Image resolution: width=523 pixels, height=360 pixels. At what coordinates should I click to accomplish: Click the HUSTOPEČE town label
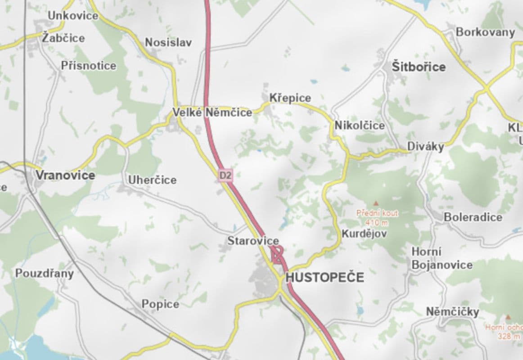[x=325, y=277]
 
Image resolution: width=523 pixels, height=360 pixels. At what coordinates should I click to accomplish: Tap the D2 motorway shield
[x=225, y=175]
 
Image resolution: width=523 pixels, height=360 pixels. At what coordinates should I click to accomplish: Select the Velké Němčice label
[x=213, y=112]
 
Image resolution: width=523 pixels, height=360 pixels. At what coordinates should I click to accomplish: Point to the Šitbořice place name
[x=419, y=67]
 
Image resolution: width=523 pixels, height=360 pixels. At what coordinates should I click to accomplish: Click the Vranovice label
[x=65, y=175]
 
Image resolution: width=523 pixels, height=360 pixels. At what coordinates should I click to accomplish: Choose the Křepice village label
[x=290, y=98]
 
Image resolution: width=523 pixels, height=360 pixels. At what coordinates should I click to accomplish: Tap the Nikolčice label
[x=360, y=126]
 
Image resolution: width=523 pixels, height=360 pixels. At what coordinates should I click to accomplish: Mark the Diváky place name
[x=426, y=147]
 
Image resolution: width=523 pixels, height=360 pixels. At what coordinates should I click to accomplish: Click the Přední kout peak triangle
[x=376, y=204]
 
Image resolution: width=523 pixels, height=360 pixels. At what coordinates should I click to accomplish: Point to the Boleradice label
[x=473, y=217]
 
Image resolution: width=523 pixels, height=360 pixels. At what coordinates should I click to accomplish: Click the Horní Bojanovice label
[x=442, y=258]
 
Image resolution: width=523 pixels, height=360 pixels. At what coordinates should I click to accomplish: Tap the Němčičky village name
[x=452, y=311]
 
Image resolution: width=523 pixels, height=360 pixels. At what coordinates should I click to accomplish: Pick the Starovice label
[x=253, y=241]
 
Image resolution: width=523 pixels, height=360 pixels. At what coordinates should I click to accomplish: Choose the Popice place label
[x=160, y=304]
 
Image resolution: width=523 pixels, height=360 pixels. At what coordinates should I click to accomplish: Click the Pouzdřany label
[x=44, y=273]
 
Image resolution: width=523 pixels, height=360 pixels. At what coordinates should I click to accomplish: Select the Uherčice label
[x=152, y=180]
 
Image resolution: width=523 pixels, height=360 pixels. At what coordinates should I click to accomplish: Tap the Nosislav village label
[x=168, y=43]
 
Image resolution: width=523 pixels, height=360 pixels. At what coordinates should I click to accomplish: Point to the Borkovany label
[x=485, y=32]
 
